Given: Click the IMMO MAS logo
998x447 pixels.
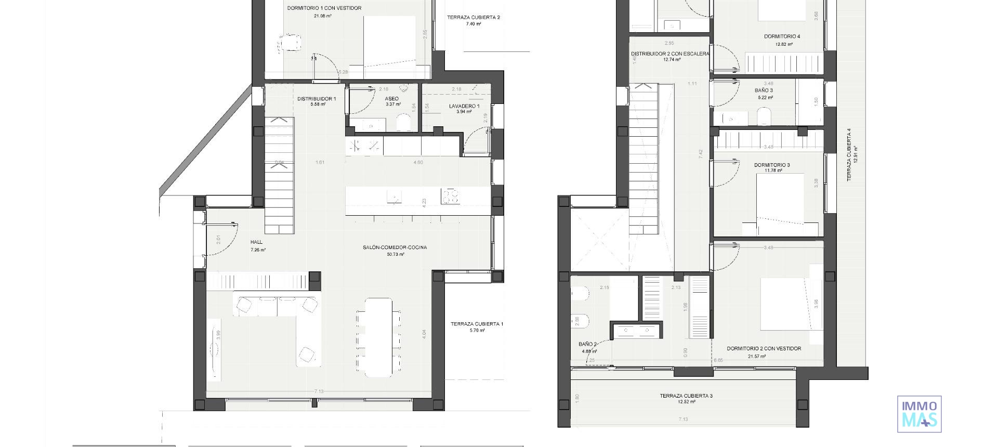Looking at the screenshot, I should pos(919,414).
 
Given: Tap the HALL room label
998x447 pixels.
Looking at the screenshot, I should pos(256,242).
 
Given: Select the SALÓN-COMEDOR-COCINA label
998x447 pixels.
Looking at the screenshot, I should pos(395,247).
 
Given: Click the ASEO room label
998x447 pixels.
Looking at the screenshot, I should pos(392,99).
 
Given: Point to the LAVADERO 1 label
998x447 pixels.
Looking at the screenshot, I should pos(464,106).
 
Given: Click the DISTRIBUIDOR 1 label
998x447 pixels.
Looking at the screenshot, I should pos(317,99).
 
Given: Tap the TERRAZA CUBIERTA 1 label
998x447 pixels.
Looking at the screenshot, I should pos(477,324).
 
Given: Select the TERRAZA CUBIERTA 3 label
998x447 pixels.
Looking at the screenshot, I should pos(686,396).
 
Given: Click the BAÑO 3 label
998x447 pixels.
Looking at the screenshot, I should pos(764,90).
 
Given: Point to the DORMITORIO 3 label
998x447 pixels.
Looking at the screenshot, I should pos(772,165).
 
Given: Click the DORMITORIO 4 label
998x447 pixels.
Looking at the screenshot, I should pos(782,36).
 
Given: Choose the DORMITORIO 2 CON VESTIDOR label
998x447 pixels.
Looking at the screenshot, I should pos(764,349).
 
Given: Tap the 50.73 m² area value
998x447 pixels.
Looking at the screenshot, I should pos(396,255).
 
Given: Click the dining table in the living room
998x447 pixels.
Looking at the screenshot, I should pos(378,336).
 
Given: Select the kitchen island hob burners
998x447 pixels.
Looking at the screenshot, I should pos(450,196).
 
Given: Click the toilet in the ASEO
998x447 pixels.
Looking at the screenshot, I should pos(403,123).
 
